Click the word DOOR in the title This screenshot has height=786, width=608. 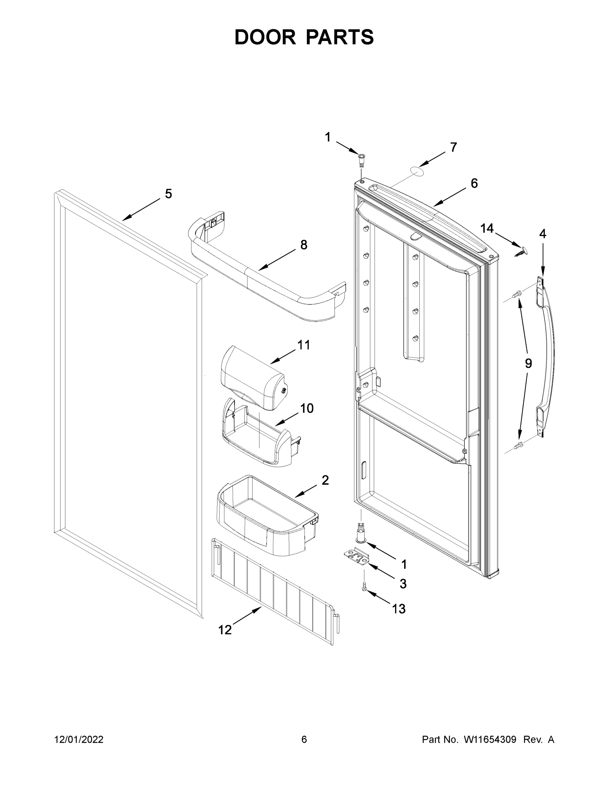pos(265,37)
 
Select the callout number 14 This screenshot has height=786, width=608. pos(487,228)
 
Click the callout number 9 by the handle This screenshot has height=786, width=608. pos(528,364)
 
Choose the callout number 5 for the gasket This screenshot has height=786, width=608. pos(168,194)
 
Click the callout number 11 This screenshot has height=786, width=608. pos(304,345)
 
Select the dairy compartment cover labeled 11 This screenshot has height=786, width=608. pos(252,378)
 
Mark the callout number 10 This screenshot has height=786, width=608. pos(307,408)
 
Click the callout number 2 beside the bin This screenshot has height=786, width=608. pos(325,480)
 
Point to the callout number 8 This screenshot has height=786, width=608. pos(304,245)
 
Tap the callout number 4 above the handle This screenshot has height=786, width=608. pos(542,234)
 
